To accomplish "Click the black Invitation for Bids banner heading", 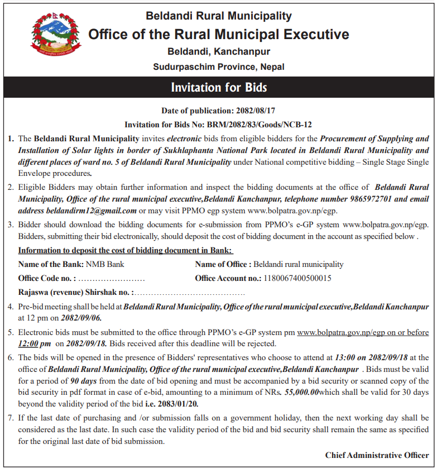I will (x=219, y=88).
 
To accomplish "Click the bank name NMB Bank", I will (x=104, y=264).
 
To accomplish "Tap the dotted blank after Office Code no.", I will (x=112, y=278).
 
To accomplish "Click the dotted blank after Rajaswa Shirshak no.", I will (x=190, y=292).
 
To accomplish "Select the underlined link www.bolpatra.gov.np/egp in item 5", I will (x=337, y=332).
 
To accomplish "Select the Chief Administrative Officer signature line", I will (x=377, y=455).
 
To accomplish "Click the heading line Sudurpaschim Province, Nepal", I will (x=219, y=67).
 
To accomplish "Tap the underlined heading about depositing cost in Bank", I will (x=125, y=251).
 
